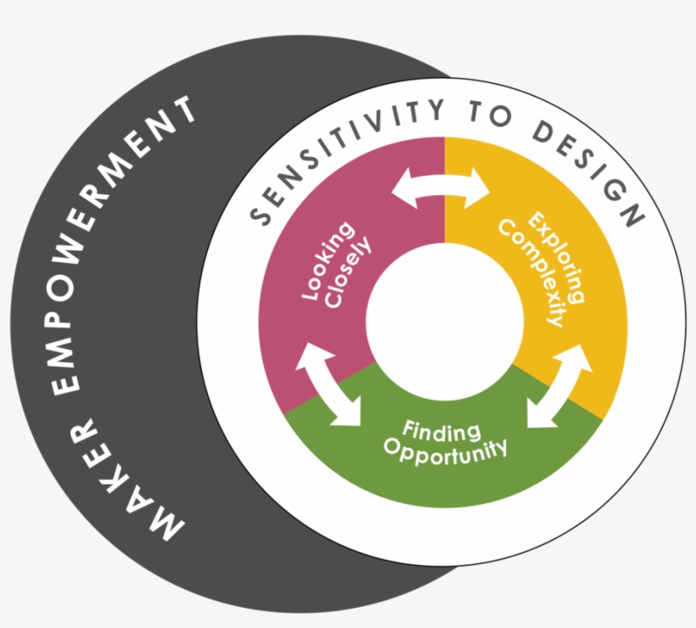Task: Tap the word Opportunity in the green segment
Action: tap(445, 451)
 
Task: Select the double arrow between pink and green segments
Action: tap(328, 384)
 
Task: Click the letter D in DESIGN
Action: tap(541, 132)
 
